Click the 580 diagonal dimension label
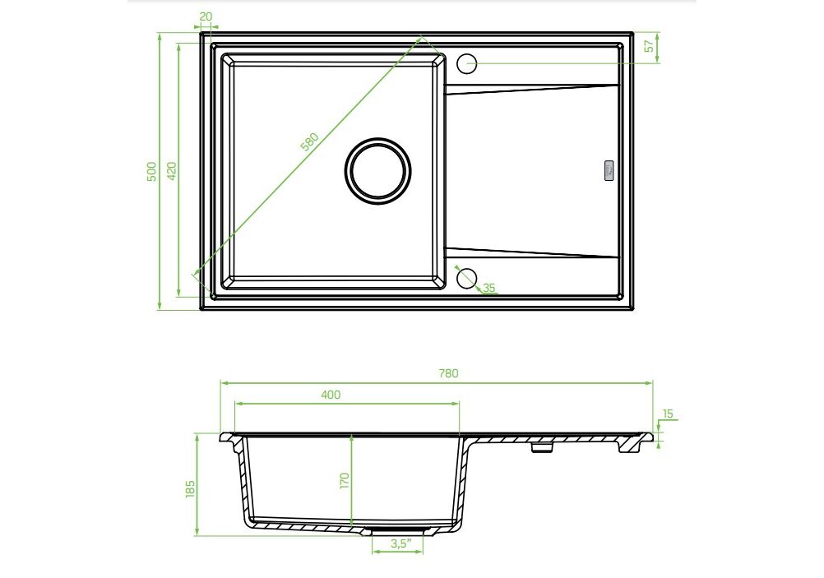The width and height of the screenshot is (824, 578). (x=310, y=142)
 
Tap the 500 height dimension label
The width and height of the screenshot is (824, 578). (x=151, y=171)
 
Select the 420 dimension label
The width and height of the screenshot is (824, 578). (x=171, y=171)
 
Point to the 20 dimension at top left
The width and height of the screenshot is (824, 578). (x=206, y=16)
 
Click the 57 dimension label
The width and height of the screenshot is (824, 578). (x=650, y=46)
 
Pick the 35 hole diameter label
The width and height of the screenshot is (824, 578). (x=489, y=288)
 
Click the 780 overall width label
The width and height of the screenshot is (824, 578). (x=448, y=373)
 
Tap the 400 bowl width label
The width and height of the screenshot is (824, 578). (x=331, y=395)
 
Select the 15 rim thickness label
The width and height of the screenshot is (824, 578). (x=668, y=414)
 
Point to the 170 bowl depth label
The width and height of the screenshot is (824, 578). (x=345, y=481)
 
